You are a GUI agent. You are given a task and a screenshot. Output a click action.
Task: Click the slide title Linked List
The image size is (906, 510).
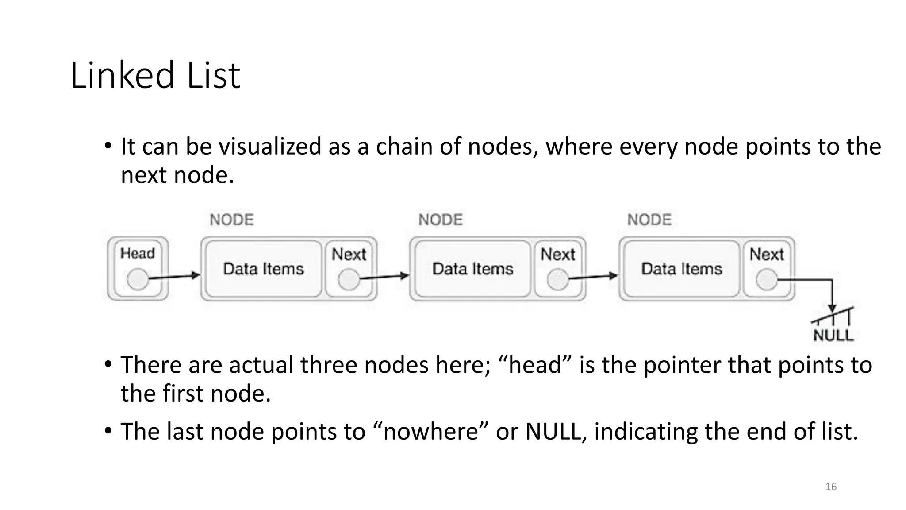[x=155, y=75]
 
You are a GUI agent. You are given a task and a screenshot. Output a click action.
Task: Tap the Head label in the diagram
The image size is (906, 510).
[x=138, y=253]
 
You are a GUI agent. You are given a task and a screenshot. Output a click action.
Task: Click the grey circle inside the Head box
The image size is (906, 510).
[x=138, y=279]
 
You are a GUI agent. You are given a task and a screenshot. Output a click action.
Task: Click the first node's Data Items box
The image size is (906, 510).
[x=264, y=269]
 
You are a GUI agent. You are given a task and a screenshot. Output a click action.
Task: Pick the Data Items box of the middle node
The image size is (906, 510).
[x=472, y=269]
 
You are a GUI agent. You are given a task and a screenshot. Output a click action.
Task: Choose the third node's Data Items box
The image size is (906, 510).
[x=682, y=269]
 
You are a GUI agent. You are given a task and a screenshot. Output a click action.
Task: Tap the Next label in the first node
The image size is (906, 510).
[x=349, y=254]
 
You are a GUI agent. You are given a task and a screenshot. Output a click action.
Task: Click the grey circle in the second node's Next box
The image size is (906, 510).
[x=558, y=280]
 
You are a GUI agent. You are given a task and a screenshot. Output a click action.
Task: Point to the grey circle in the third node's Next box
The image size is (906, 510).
[x=767, y=280]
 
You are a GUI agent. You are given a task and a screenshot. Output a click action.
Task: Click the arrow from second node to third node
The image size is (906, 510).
[x=593, y=277]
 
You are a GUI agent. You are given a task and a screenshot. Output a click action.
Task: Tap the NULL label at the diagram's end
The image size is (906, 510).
[x=833, y=335]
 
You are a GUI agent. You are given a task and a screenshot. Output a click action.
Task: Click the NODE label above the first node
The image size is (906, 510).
[x=232, y=220]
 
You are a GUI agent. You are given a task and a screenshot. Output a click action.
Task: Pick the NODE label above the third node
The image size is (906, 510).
[x=649, y=220]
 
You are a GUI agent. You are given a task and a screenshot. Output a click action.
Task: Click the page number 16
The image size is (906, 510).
[x=831, y=487]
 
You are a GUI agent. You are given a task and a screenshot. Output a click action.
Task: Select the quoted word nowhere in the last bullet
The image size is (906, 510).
[x=431, y=431]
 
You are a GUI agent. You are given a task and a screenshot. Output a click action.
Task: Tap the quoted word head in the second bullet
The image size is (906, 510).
[x=535, y=365]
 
